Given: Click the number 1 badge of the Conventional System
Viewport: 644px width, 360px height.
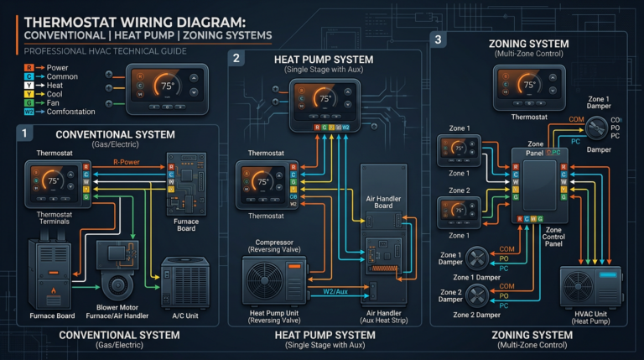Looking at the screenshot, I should (25, 132).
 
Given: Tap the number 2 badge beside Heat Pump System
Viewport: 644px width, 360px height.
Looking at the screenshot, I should (236, 58).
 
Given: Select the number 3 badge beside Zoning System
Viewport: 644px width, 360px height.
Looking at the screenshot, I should (438, 39).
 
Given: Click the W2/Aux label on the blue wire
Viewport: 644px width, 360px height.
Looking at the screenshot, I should (336, 291).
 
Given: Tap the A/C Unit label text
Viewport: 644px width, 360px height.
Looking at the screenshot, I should (189, 316).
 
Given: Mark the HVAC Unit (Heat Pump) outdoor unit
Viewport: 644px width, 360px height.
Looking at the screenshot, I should (591, 290).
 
